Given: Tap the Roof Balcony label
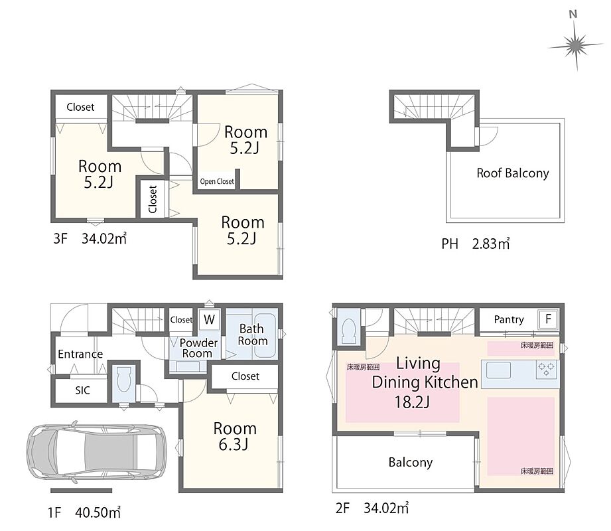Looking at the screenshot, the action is coord(512,173).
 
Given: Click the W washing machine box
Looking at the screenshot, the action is coord(209,319).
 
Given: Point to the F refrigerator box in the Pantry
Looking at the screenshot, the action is coord(548,319).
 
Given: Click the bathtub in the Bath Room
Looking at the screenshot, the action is coord(265,336).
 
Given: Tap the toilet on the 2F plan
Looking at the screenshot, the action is coord(349,331).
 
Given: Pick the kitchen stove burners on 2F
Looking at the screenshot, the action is coord(546,369).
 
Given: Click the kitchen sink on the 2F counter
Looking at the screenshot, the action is coord(498,370).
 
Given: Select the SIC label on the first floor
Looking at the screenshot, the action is coord(83,390).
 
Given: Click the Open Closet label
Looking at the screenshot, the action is coord(217,181).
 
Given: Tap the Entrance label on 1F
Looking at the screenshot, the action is coord(80,354).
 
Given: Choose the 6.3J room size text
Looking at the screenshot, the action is coord(234,445).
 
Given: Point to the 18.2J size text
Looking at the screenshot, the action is coord(412,402).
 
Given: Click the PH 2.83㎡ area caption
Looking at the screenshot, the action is coord(476,244).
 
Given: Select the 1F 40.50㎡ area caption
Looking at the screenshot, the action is coord(84,512).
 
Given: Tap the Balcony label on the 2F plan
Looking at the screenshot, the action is coord(411,463).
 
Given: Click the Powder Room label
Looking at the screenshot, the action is coord(198,348).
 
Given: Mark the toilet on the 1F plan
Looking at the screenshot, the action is coord(123,380).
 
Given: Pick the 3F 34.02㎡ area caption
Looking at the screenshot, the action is coord(90,238).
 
